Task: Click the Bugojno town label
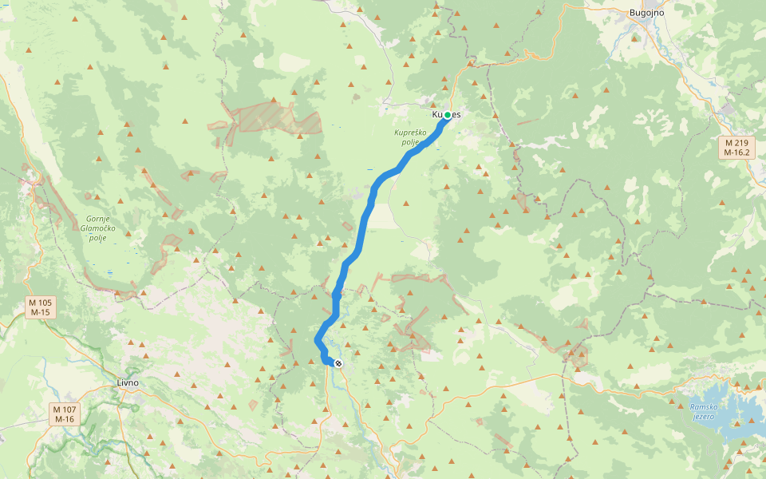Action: pos(646,13)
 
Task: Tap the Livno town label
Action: pos(128,382)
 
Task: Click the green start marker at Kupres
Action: pos(448,116)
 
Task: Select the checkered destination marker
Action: pos(338,364)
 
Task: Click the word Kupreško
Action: pos(412,133)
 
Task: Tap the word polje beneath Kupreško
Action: pos(410,142)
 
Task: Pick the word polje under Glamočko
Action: pos(97,237)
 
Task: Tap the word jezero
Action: pos(702,417)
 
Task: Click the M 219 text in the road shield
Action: pos(736,142)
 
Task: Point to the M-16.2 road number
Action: pos(736,152)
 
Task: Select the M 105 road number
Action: pos(40,303)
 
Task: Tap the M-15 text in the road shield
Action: pos(40,312)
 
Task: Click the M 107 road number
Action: pos(64,410)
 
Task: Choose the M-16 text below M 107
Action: pos(64,419)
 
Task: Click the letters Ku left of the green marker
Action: pos(437,115)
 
